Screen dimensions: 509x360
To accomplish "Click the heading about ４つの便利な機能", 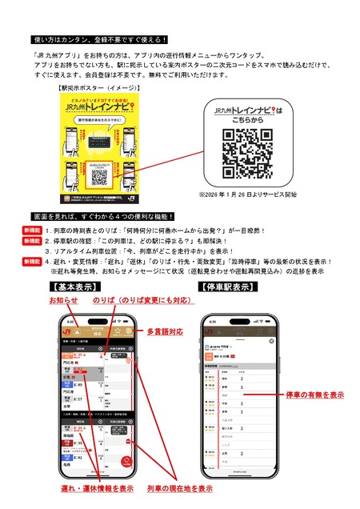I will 112,218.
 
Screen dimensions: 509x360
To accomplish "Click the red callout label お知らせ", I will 63,299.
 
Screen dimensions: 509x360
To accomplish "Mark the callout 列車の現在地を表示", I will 179,487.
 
